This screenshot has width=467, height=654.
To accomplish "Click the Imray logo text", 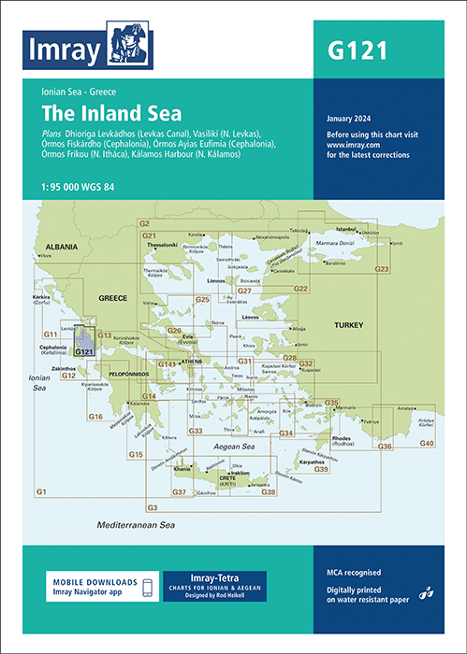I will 66,54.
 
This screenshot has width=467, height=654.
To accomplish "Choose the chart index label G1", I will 41,491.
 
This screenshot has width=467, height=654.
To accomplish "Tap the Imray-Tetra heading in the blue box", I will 214,577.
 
